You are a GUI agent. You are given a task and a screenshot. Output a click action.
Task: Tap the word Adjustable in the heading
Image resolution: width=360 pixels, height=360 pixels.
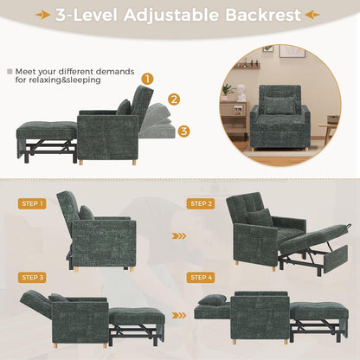164,15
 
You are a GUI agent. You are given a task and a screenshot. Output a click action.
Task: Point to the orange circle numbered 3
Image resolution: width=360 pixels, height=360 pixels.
184,132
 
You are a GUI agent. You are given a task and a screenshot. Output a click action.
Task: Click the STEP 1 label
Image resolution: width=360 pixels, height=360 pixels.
32,203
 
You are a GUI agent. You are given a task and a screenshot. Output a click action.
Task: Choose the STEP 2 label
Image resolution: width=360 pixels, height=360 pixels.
202,203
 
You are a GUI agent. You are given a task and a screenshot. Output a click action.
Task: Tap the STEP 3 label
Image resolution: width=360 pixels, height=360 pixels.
32,277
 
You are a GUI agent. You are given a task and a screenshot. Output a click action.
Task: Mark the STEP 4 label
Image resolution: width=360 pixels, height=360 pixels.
202,277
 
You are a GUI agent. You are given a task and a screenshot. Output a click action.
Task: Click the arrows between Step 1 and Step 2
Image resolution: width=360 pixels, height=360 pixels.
178,235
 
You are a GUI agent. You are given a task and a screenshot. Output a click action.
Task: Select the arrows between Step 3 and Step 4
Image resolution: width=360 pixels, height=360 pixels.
178,316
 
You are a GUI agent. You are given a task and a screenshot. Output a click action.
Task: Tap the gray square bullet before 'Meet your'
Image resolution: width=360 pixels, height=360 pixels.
10,72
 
